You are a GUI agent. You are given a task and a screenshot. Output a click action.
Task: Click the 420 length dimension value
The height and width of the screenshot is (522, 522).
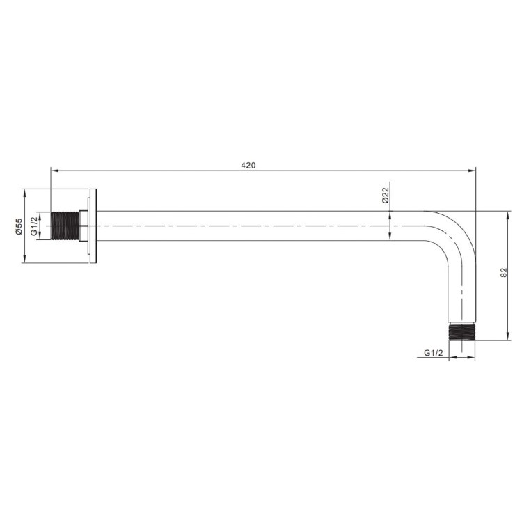(x=248, y=165)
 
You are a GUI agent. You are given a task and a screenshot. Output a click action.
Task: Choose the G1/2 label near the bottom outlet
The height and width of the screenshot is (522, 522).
(x=434, y=353)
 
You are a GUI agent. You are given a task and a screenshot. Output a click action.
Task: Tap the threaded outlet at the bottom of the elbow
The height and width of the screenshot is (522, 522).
(x=461, y=332)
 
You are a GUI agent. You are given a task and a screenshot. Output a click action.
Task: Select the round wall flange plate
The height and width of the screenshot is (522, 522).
(x=93, y=226)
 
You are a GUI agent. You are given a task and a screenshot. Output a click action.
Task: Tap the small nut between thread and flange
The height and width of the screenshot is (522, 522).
(x=84, y=226)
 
